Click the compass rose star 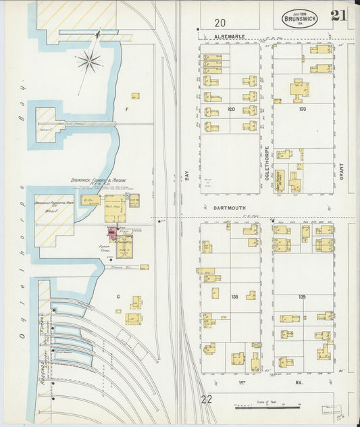click(x=88, y=62)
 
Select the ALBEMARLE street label click(x=227, y=36)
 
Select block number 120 click(x=230, y=108)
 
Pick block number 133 click(x=302, y=108)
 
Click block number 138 click(x=234, y=297)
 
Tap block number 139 click(x=302, y=297)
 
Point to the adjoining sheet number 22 click(x=206, y=399)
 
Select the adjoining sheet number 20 click(x=220, y=22)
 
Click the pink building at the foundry click(x=111, y=232)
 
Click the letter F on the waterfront click(x=126, y=108)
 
